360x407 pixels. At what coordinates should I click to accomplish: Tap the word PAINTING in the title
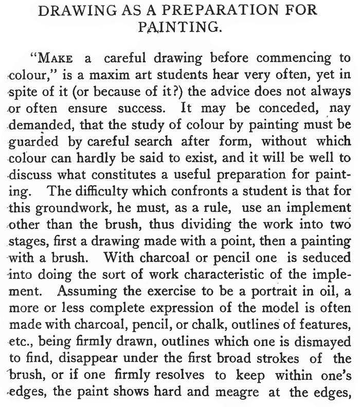180,27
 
